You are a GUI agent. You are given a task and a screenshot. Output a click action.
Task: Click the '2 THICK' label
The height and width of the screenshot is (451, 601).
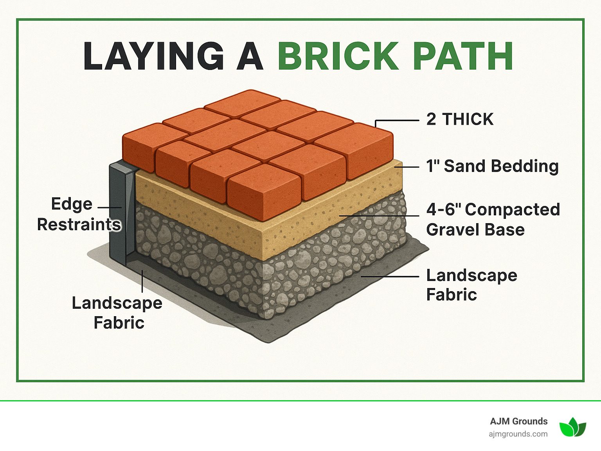tap(460, 119)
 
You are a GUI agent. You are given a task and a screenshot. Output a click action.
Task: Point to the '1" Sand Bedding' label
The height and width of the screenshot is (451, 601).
tap(492, 166)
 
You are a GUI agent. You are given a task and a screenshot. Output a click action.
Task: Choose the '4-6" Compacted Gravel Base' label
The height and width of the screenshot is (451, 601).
tap(493, 220)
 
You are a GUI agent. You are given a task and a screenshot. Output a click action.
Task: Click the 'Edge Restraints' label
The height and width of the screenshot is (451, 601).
tap(78, 214)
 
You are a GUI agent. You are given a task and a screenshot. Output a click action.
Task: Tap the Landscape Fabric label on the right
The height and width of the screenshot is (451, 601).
tap(471, 285)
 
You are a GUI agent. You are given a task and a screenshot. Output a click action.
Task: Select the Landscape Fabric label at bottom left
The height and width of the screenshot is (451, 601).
tap(117, 313)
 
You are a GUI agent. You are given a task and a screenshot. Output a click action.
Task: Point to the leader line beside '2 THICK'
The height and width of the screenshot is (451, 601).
tap(397, 121)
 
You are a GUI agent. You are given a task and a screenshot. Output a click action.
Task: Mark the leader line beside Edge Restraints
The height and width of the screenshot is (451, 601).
tap(109, 208)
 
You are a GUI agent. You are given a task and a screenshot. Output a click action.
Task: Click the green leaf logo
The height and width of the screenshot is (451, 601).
tap(572, 427)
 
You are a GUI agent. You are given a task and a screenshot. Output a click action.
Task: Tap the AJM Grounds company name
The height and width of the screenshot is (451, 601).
tap(518, 421)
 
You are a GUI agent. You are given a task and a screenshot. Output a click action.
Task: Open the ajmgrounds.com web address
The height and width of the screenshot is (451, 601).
tap(518, 434)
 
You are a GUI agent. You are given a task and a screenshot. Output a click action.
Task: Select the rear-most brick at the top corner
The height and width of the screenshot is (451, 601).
tap(242, 102)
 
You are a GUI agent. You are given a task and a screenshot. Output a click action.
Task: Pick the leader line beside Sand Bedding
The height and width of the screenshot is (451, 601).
tap(407, 167)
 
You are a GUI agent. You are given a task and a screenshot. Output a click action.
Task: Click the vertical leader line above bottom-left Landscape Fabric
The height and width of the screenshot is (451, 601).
tap(142, 281)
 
